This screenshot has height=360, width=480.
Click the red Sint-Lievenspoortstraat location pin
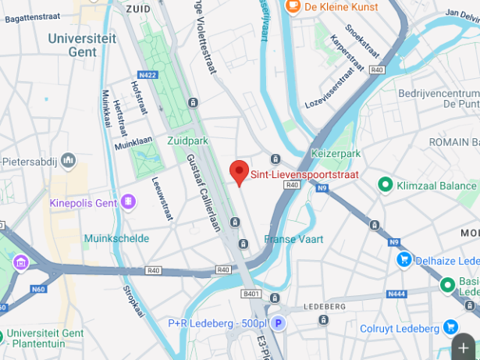(239, 171)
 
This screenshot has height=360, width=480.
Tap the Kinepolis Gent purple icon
(127, 202)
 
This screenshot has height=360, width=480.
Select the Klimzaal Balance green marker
(384, 184)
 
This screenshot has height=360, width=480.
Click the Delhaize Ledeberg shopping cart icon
(404, 258)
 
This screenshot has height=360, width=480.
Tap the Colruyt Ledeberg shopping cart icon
(450, 327)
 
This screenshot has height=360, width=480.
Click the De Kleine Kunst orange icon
(293, 7)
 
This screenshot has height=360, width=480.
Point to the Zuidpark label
(188, 141)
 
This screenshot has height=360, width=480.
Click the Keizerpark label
(336, 154)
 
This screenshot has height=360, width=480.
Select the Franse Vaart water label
(293, 239)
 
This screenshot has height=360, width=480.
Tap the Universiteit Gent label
(84, 45)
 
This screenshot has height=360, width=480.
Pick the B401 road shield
(251, 294)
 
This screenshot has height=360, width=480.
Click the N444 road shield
(396, 293)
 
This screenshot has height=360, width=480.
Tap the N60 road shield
(38, 289)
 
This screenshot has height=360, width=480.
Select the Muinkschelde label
(116, 238)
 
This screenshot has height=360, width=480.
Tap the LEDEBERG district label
(324, 305)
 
